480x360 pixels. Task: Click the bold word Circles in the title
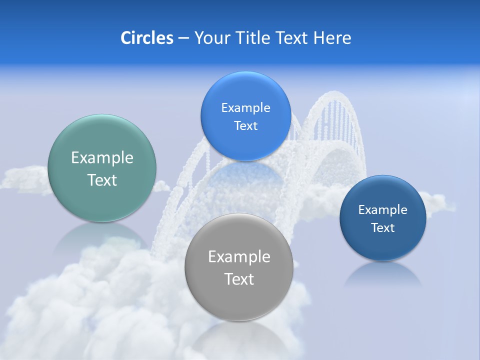[x=147, y=38]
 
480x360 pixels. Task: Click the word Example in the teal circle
[x=102, y=158]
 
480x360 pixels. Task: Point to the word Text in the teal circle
[x=102, y=180]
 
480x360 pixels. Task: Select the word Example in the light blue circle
[x=245, y=108]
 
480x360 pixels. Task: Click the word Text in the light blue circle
[x=245, y=126]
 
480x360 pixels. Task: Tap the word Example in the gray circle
[x=239, y=257]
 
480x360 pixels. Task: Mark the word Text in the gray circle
[x=239, y=279]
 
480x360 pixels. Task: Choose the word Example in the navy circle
[x=382, y=210]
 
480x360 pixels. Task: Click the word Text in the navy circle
[x=382, y=228]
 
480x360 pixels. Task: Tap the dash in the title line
[x=183, y=38]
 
